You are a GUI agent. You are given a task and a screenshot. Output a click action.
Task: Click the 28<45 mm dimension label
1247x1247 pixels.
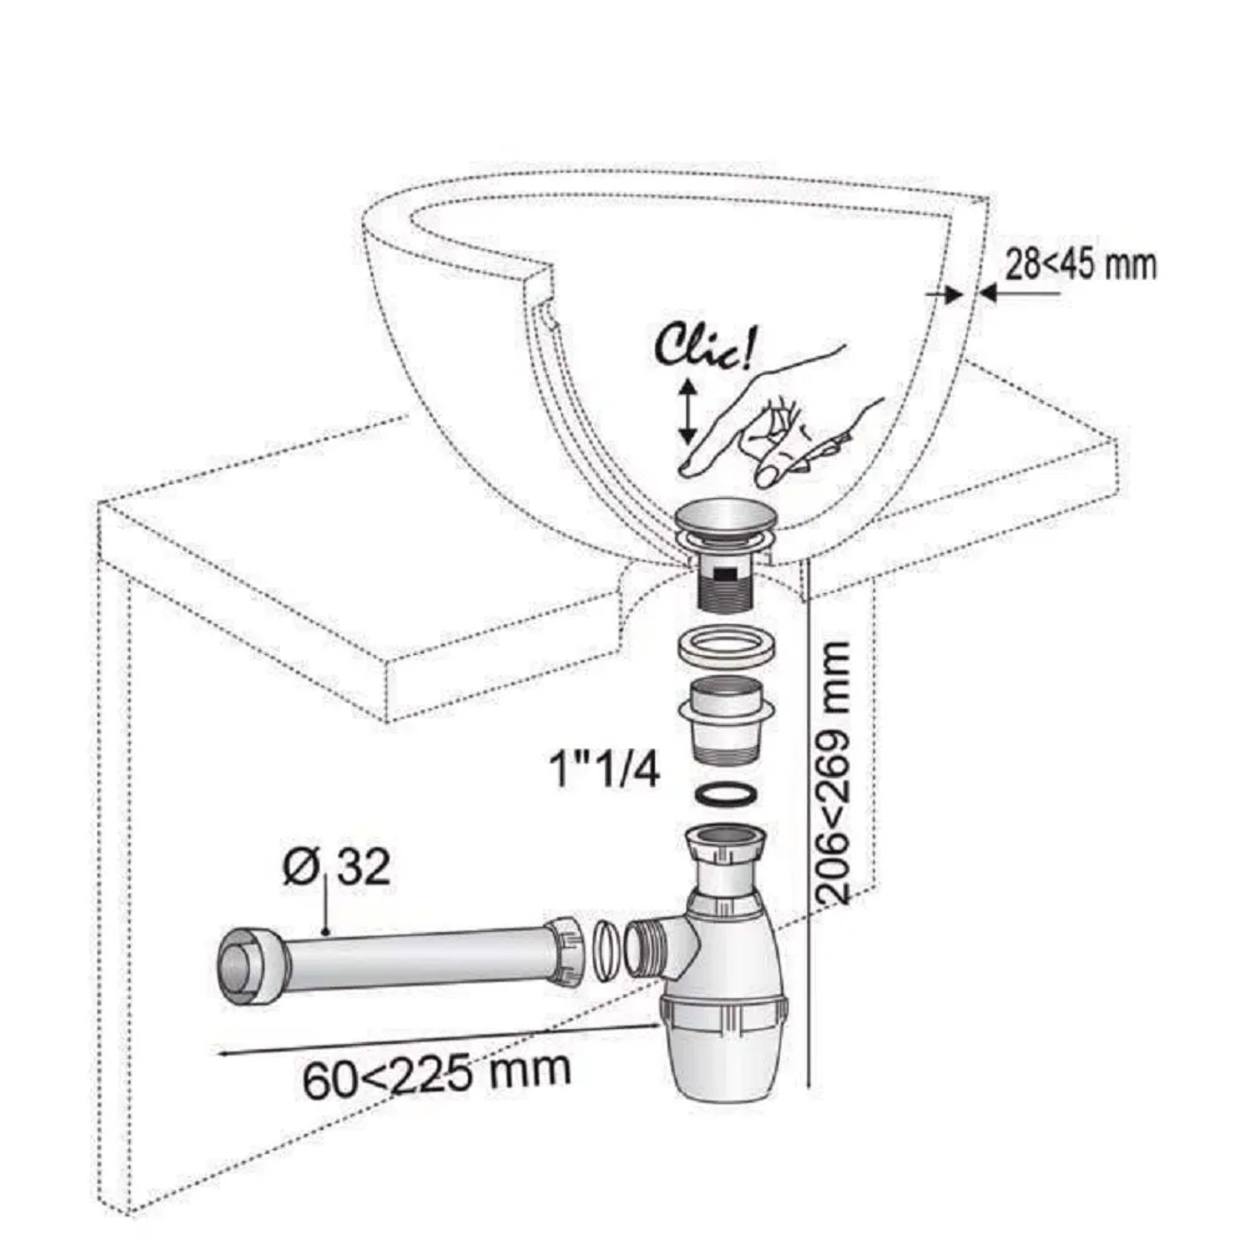pyautogui.click(x=1081, y=265)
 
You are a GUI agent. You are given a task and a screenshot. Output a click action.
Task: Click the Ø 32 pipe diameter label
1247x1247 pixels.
pyautogui.click(x=336, y=868)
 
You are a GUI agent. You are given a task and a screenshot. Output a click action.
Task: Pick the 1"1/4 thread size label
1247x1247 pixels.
pyautogui.click(x=605, y=770)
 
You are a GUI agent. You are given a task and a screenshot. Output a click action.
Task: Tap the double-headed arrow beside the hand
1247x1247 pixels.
pyautogui.click(x=687, y=411)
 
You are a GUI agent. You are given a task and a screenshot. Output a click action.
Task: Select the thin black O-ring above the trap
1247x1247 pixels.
pyautogui.click(x=727, y=794)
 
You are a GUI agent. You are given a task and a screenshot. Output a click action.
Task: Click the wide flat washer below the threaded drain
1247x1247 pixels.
pyautogui.click(x=727, y=647)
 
